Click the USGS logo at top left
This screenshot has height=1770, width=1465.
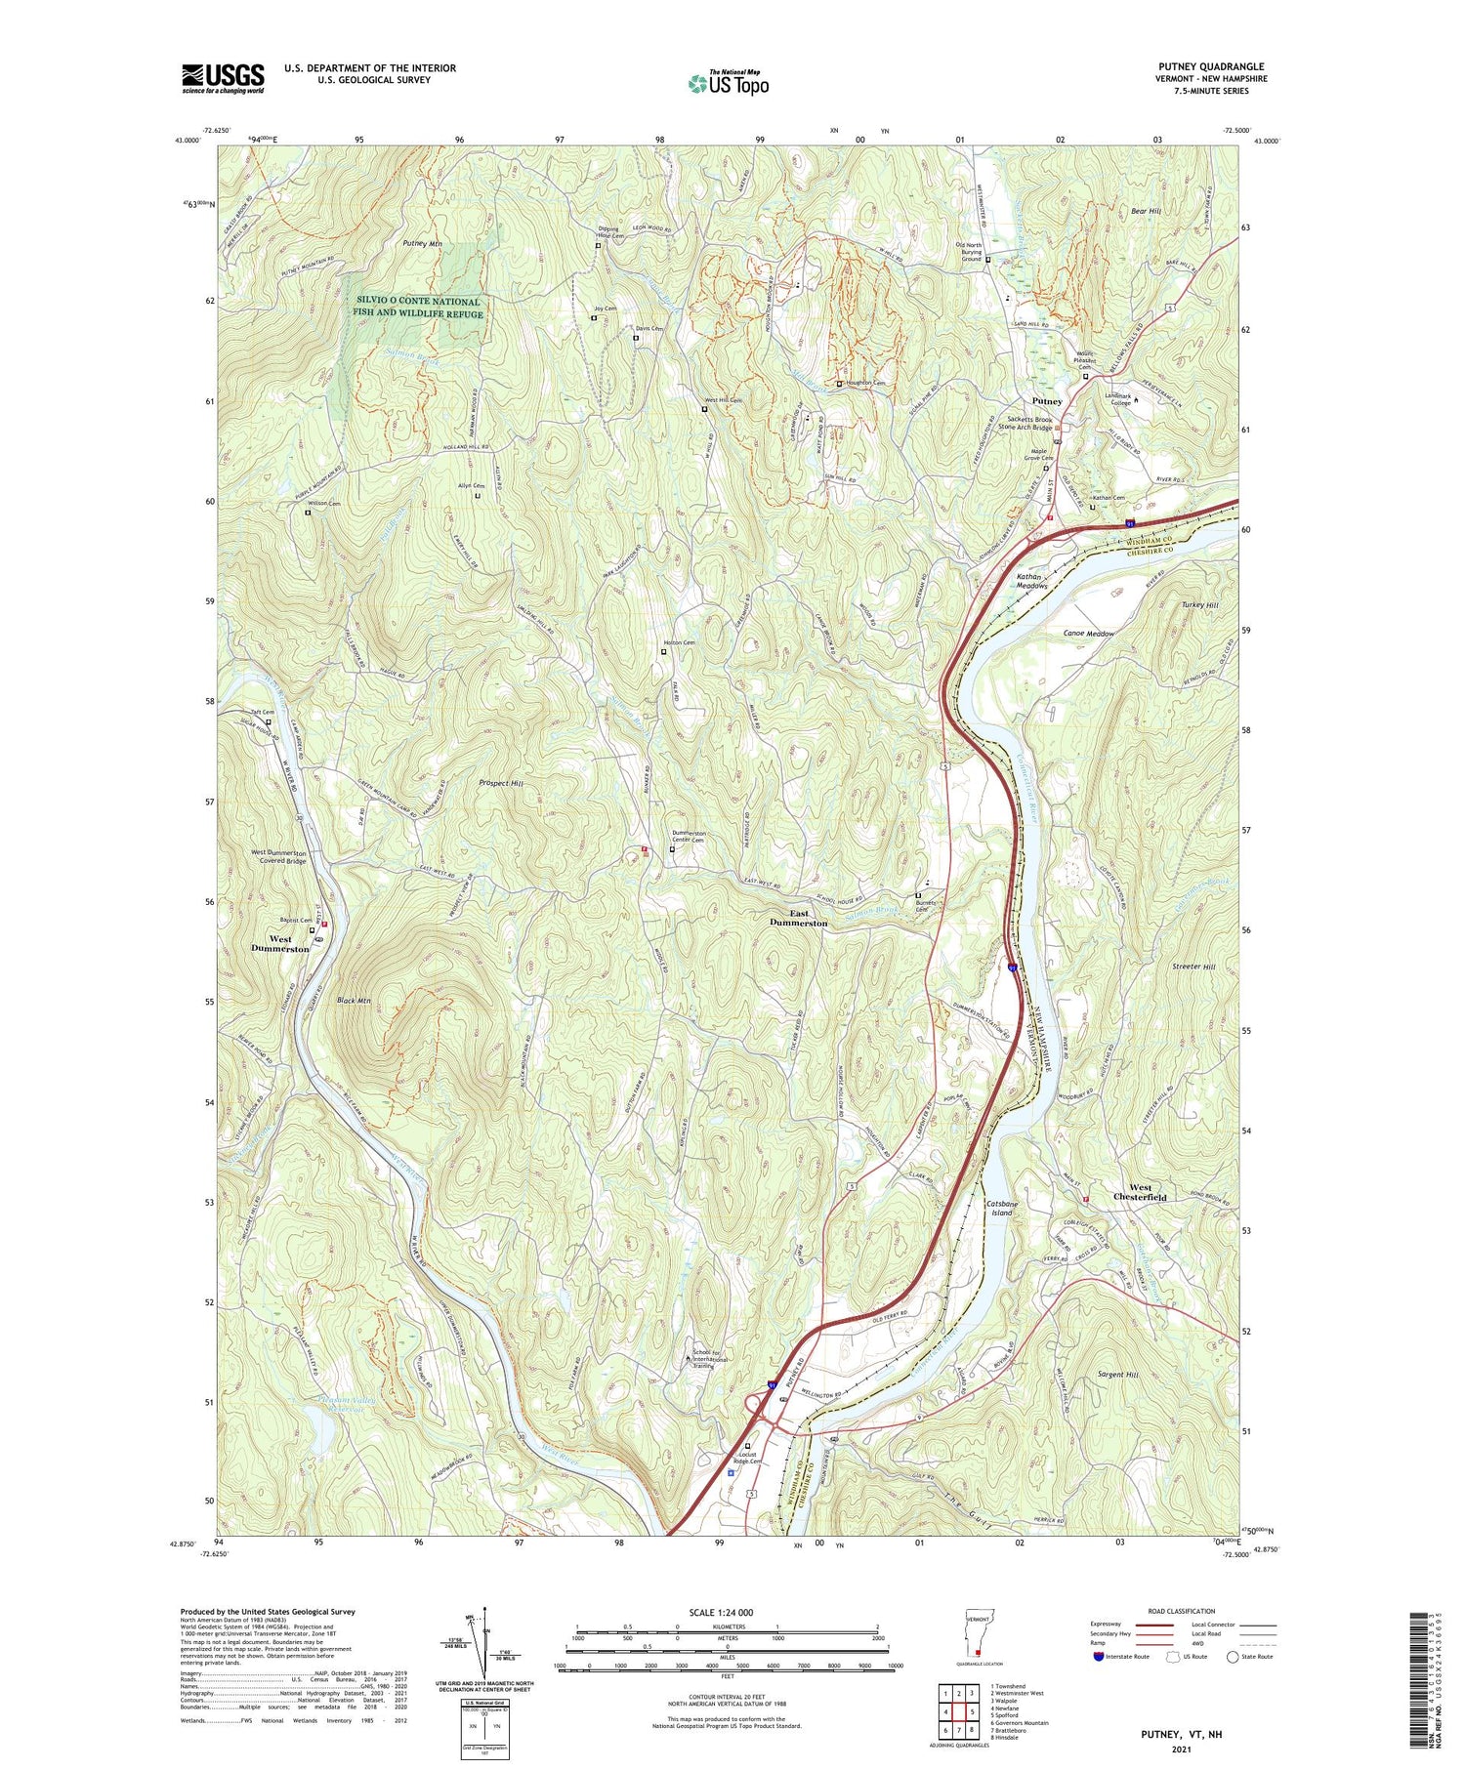223,78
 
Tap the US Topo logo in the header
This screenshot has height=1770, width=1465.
728,83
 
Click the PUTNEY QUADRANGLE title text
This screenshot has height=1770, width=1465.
1208,66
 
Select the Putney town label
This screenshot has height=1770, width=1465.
1047,401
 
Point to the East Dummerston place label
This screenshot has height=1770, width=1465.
798,917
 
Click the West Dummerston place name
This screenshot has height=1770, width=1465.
279,943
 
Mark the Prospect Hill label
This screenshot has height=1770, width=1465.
501,783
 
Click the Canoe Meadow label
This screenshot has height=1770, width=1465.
1088,634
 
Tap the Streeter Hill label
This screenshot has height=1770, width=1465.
1193,967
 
